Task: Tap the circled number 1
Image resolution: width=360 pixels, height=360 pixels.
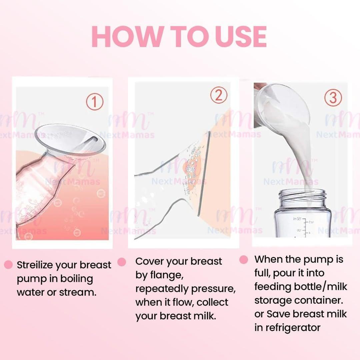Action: point(95,102)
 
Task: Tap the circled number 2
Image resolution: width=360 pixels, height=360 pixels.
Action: point(219,95)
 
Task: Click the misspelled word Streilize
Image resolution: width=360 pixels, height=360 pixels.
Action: point(35,265)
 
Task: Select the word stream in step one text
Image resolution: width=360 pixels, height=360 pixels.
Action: point(78,292)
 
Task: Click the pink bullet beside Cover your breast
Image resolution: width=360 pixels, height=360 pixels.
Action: point(122,262)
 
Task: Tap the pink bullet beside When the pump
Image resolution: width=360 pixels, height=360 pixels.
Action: point(244,260)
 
